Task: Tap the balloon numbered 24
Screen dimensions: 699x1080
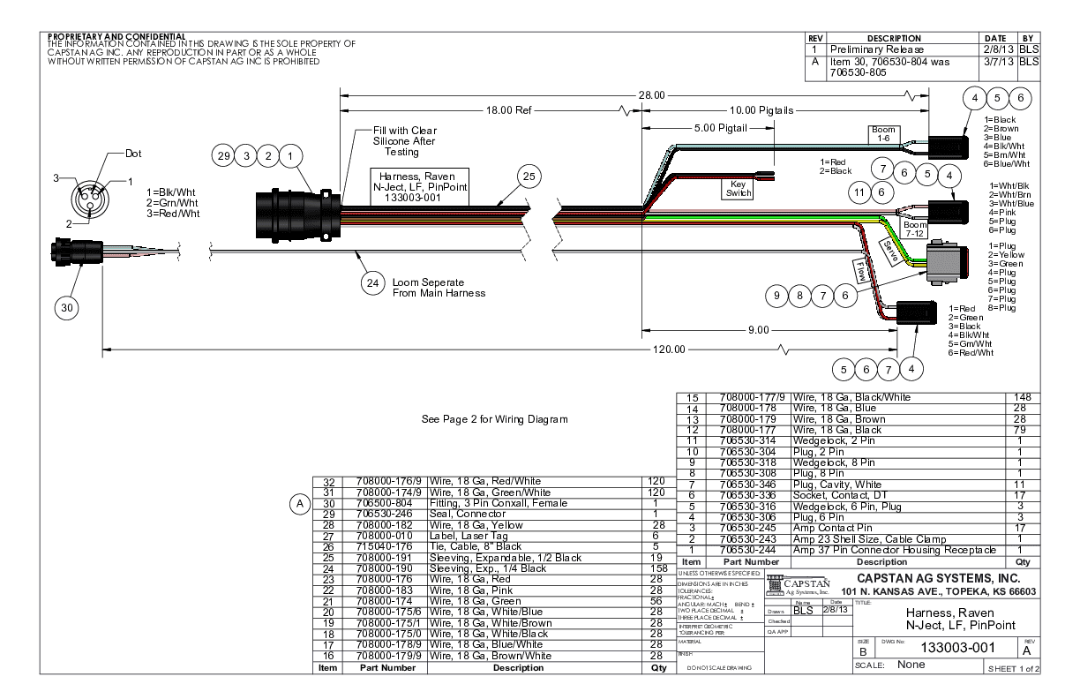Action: [375, 284]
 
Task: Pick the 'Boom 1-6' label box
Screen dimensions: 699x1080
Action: [883, 133]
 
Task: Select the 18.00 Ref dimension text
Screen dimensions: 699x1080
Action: [512, 110]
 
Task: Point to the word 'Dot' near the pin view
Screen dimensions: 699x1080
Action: [133, 153]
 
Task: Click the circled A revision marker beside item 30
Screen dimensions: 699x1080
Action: [300, 503]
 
